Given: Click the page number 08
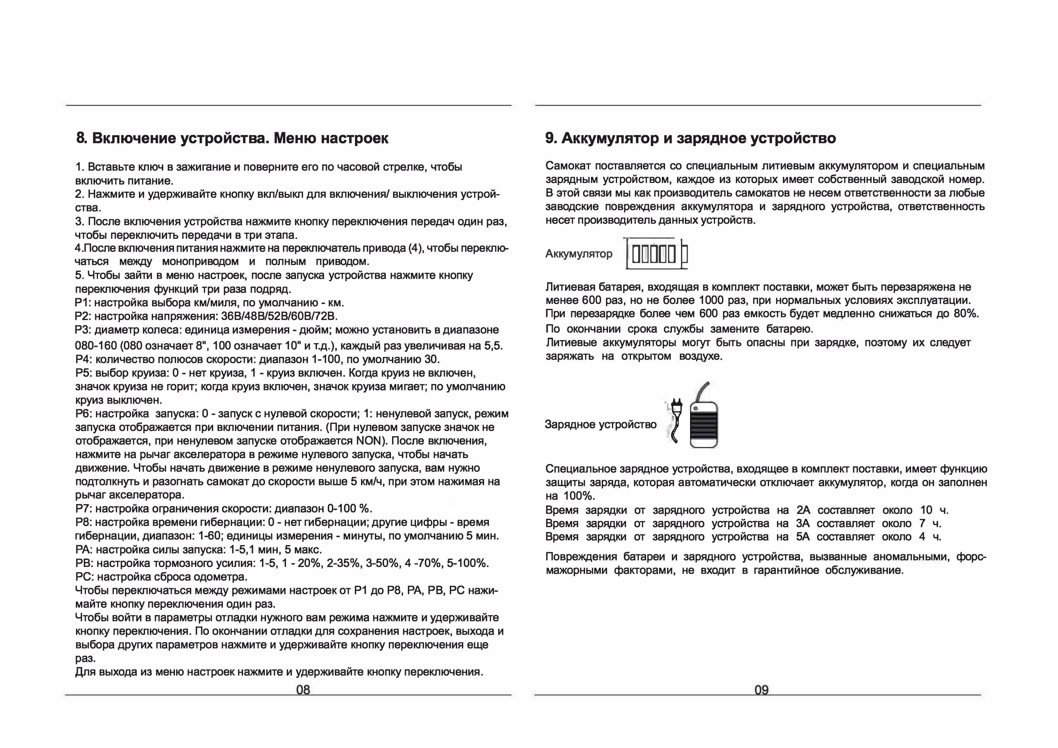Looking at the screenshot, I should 303,689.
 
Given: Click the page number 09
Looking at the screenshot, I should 761,690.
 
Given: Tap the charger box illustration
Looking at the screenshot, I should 704,424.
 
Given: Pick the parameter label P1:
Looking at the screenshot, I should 83,303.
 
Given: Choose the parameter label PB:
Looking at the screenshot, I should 84,563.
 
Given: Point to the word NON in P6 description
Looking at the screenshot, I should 367,441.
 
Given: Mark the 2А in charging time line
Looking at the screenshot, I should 803,510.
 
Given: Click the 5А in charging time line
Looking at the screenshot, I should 802,537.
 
